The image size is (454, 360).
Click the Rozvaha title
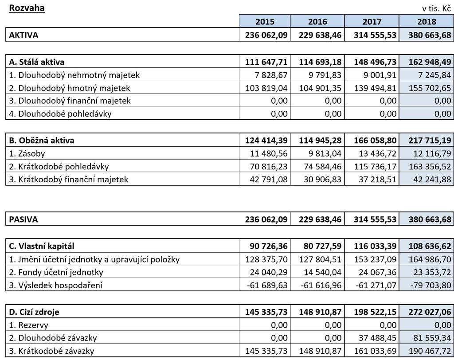27,8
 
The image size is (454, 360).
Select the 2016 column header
317,21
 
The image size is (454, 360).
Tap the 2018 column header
427,21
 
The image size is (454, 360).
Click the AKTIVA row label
23,35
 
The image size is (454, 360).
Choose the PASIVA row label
23,219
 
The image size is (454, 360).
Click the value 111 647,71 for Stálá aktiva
266,62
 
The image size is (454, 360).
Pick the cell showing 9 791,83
325,75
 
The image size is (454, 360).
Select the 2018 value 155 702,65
430,88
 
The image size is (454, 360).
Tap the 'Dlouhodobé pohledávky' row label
60,113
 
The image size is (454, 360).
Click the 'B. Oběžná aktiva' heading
41,140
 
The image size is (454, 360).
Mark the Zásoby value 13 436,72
377,153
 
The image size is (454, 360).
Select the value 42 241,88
432,180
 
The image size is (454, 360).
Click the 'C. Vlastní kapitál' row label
41,246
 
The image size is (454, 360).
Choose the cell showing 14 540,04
323,272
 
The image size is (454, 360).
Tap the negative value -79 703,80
431,285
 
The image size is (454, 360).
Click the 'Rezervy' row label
28,325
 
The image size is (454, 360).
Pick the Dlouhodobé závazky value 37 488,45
377,338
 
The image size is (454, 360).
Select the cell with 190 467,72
430,351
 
